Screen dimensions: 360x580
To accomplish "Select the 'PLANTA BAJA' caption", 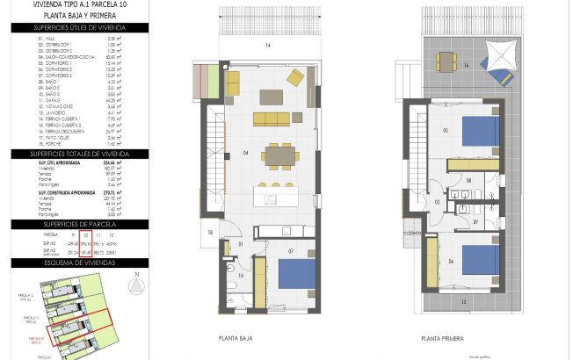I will click(237, 336).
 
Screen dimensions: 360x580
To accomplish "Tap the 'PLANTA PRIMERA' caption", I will click(442, 337).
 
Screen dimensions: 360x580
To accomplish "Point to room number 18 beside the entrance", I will click(210, 233).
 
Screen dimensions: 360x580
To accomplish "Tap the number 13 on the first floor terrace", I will click(464, 300).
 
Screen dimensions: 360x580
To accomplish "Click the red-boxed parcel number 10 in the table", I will click(85, 235).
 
